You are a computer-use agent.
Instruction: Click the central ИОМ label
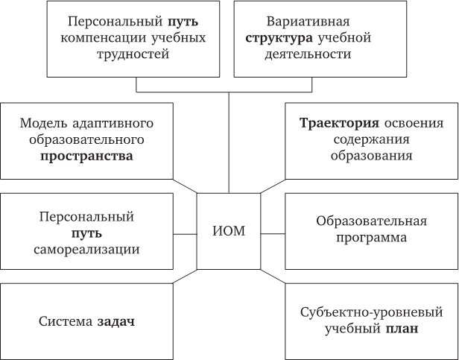click(229, 231)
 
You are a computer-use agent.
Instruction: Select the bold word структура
click(279, 38)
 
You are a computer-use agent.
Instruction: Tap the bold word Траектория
click(339, 123)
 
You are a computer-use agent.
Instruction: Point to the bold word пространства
click(86, 156)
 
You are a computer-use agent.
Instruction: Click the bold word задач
click(115, 322)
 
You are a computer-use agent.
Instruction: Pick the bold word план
click(401, 329)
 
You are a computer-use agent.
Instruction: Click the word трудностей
click(133, 54)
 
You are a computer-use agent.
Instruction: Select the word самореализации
click(86, 250)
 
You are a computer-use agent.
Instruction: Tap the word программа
click(371, 238)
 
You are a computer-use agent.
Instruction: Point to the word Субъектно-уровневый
click(372, 312)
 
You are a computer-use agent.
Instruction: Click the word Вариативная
click(308, 22)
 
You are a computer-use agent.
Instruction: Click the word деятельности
click(308, 54)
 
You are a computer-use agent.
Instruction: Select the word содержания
click(372, 139)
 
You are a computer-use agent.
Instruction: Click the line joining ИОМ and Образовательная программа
click(273, 234)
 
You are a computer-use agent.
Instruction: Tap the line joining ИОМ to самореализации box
click(185, 234)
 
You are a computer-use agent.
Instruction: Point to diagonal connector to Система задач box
click(185, 277)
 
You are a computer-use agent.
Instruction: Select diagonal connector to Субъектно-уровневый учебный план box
click(273, 277)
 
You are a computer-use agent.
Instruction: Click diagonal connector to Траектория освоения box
click(273, 186)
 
